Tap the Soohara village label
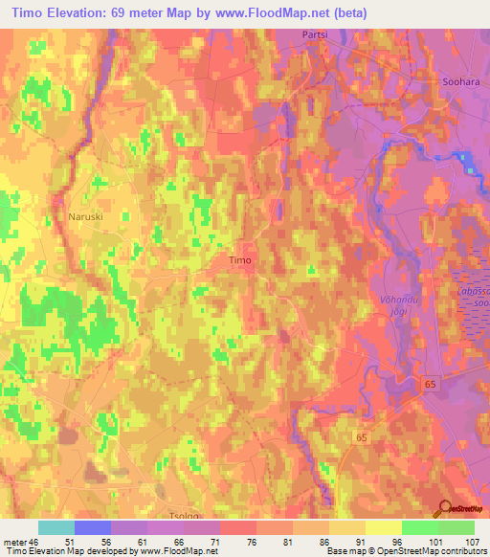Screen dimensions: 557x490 click(458, 82)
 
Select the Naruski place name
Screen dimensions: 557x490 click(85, 217)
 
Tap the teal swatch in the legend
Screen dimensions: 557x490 click(56, 527)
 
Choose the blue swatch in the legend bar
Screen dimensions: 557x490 click(93, 527)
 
